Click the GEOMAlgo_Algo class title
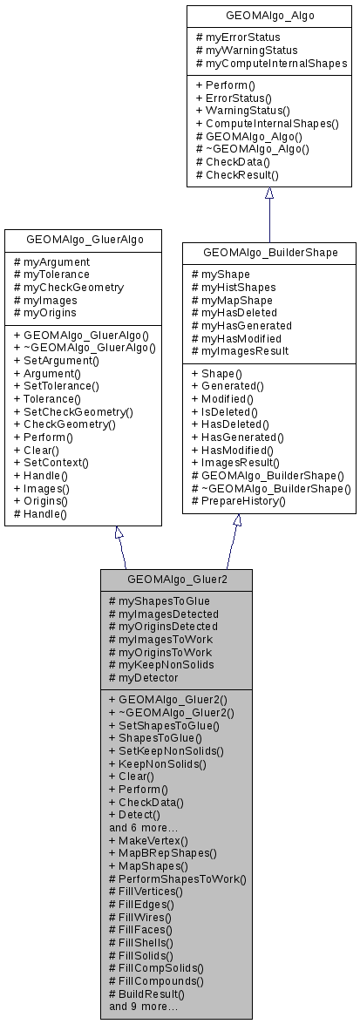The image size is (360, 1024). (x=269, y=15)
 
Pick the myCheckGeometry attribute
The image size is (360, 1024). (x=74, y=287)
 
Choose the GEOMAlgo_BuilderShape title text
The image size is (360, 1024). (x=269, y=253)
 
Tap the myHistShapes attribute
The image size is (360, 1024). (x=231, y=288)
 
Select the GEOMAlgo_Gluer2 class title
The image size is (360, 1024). (x=177, y=578)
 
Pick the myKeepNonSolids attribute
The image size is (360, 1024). (x=160, y=664)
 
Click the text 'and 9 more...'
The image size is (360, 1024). (x=144, y=1006)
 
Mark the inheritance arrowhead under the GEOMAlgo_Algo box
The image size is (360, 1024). (x=269, y=193)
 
